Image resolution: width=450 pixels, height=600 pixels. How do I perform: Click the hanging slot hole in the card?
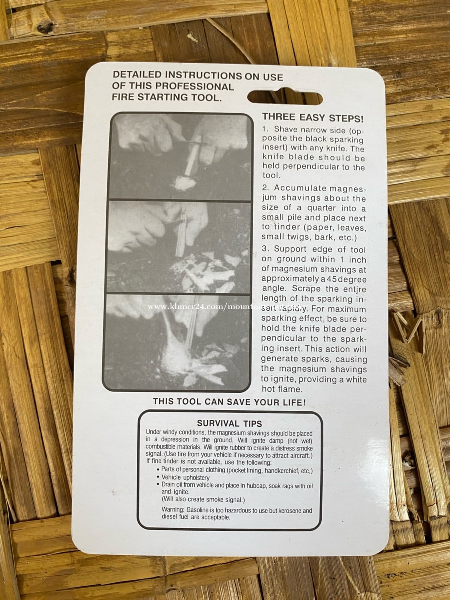pyautogui.click(x=285, y=97)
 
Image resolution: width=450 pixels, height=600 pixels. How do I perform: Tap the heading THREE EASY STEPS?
pyautogui.click(x=313, y=118)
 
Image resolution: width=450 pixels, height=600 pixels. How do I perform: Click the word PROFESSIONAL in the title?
pyautogui.click(x=195, y=87)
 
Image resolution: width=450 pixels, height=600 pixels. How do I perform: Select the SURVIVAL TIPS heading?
pyautogui.click(x=230, y=424)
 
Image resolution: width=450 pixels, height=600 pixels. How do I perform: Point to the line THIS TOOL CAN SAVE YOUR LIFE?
pyautogui.click(x=229, y=402)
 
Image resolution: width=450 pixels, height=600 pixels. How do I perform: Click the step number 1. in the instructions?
pyautogui.click(x=266, y=129)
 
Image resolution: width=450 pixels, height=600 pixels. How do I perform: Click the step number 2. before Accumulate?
pyautogui.click(x=266, y=188)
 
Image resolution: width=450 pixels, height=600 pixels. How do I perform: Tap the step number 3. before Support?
pyautogui.click(x=266, y=249)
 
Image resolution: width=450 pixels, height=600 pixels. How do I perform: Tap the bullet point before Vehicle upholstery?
pyautogui.click(x=158, y=477)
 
